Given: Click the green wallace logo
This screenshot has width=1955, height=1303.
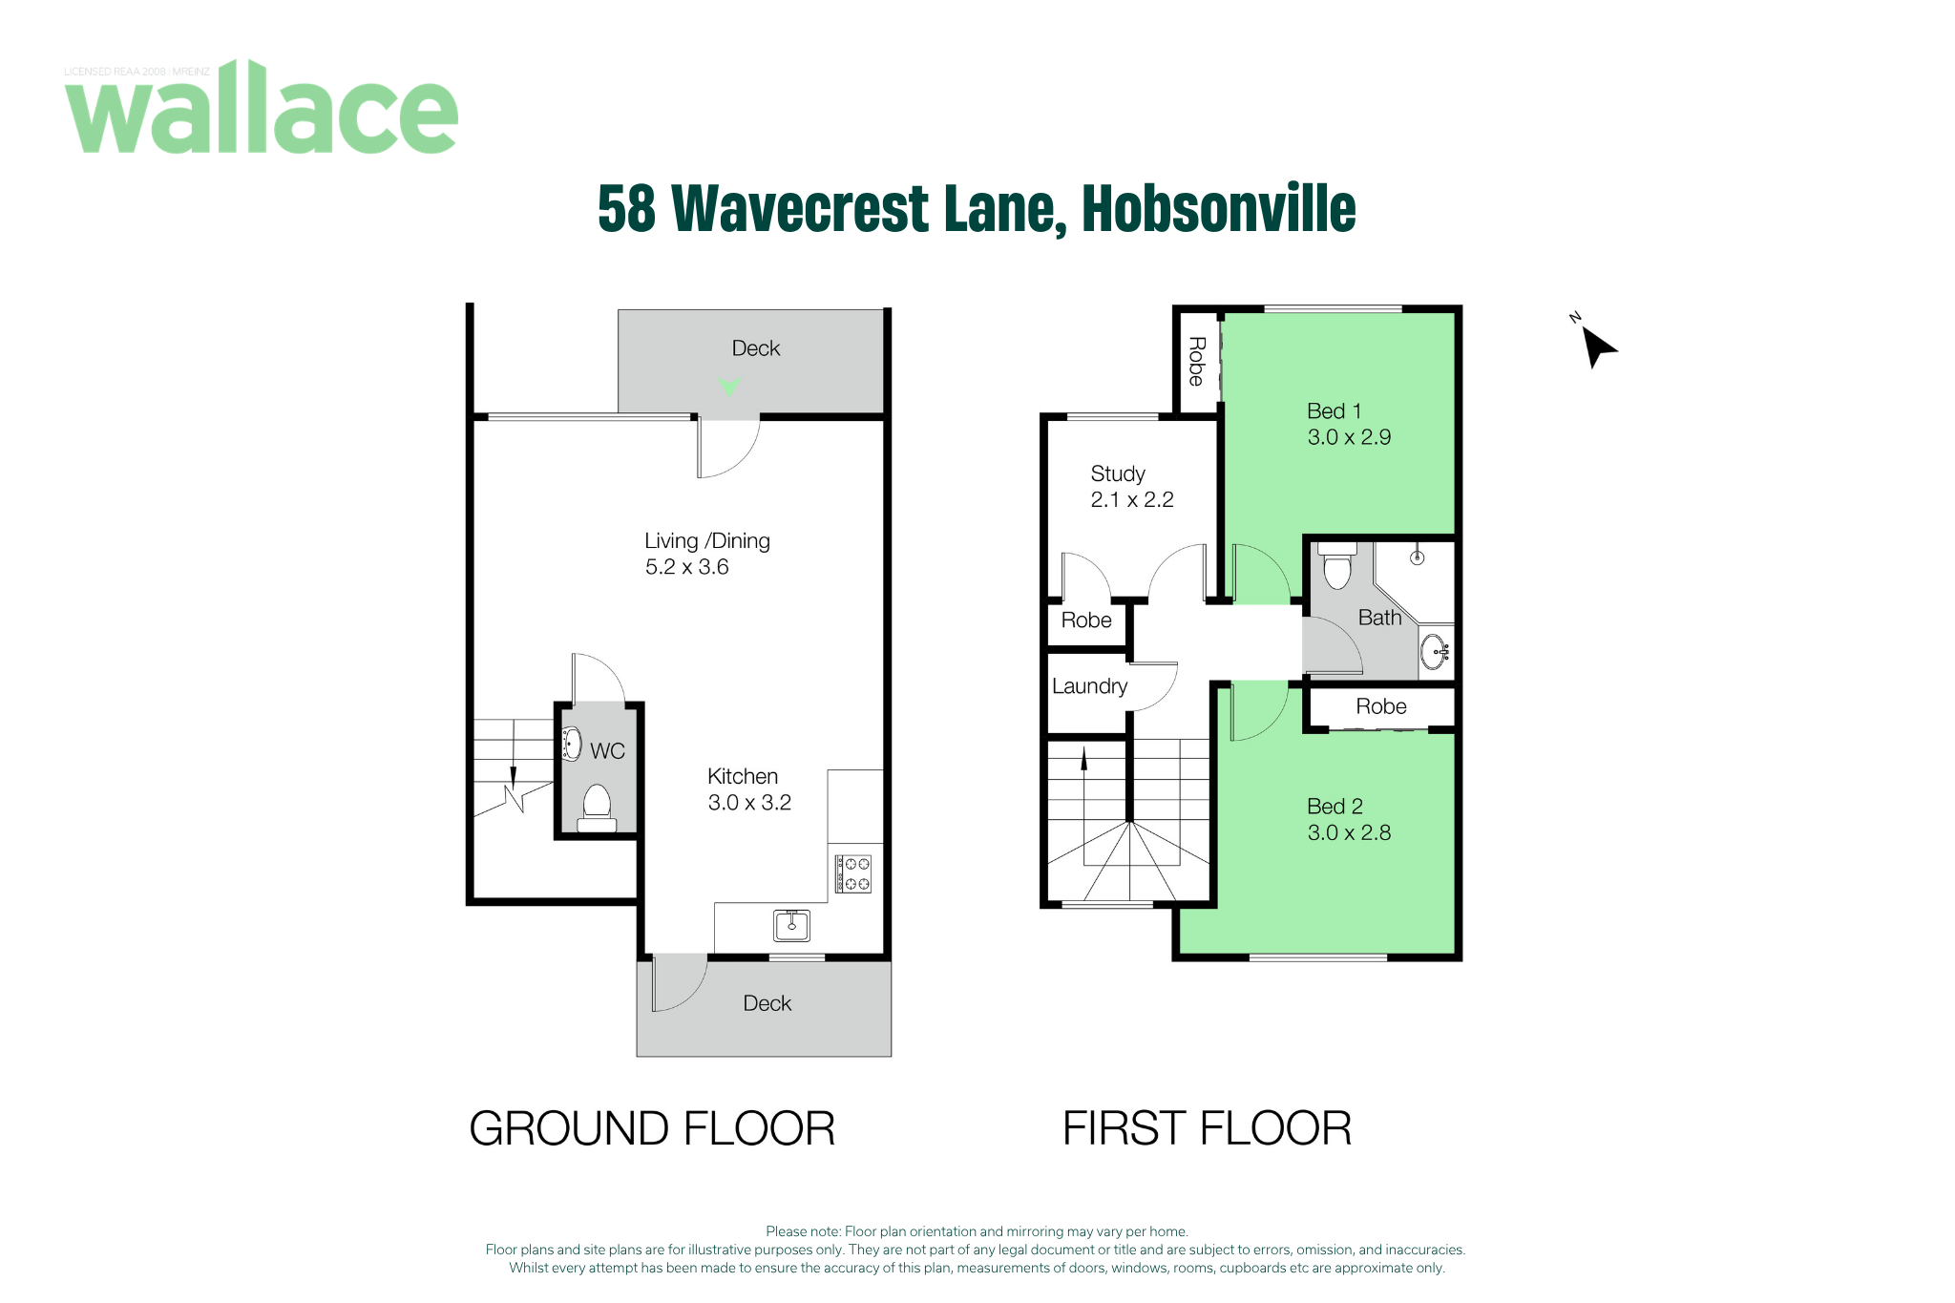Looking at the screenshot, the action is coord(262,107).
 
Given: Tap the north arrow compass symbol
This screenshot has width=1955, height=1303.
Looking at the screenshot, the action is coord(1597,345).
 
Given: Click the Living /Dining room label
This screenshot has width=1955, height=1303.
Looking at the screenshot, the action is coord(707,554).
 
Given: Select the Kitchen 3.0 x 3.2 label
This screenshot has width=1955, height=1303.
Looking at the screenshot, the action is coord(749,789).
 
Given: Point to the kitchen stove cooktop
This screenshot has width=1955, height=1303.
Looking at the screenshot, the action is coord(853,873).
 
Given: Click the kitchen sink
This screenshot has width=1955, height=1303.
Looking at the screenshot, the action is coord(791,925).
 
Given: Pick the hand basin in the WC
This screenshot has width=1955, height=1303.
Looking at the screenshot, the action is coord(572,744).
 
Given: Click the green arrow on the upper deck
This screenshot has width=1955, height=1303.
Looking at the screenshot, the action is coord(730,387).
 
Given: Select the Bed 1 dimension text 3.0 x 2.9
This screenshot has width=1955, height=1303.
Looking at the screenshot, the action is coord(1349,437).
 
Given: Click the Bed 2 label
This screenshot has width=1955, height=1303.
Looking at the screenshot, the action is coord(1335,807).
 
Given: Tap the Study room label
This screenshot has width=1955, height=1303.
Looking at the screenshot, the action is coord(1118,474).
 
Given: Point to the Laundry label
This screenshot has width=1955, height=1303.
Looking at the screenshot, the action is coord(1089,686).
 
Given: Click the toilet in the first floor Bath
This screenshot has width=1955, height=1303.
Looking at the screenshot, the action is coord(1337,565).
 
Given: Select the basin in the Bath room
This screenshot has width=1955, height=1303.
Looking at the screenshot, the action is coord(1436,652).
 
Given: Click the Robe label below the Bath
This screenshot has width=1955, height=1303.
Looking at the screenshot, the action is coord(1381,706).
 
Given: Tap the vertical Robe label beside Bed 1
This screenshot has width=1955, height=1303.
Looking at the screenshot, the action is coord(1196,361).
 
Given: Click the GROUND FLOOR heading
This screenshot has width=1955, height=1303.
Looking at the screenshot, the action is coord(652,1128).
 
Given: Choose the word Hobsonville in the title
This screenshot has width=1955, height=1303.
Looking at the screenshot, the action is coord(1219,208).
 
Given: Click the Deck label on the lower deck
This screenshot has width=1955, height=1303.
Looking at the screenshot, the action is coord(767,1003).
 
